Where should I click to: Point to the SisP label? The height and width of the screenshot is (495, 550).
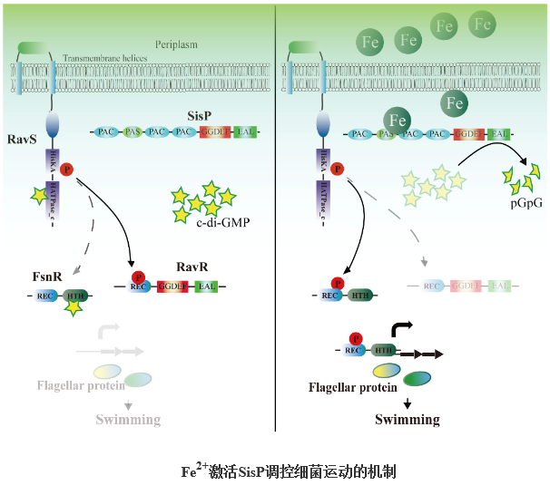199,115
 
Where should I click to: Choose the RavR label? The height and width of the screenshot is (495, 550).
193,268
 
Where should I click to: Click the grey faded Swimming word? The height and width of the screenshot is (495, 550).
128,419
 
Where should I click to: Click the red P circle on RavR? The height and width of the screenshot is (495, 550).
139,277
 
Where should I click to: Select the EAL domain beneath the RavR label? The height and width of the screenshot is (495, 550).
206,287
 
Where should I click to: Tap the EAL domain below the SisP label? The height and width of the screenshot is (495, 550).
243,132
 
